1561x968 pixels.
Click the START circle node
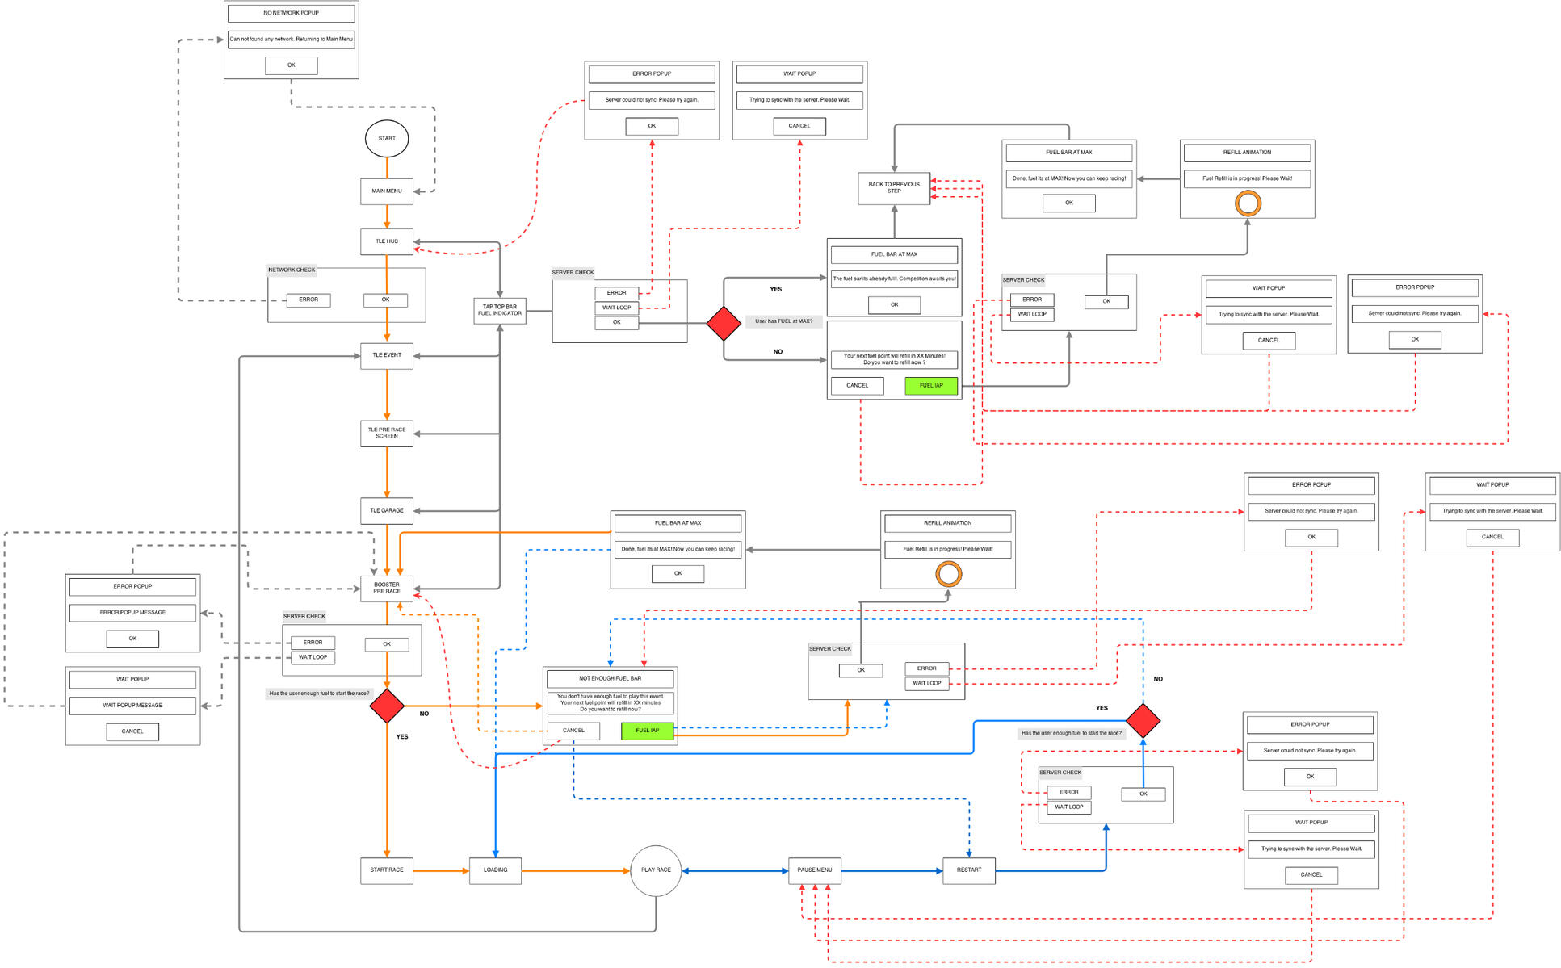point(386,139)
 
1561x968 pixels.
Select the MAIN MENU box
point(386,191)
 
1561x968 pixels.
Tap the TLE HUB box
point(386,241)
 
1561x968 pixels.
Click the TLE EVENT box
point(386,355)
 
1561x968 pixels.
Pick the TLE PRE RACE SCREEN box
point(386,434)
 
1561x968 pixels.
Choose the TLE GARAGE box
point(386,510)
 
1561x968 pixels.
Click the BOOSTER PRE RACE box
point(386,588)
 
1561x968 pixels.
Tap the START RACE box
point(386,870)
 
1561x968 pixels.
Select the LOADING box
point(495,870)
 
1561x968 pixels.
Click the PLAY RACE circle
point(656,870)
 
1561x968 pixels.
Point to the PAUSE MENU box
point(814,870)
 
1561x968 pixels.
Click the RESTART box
point(968,870)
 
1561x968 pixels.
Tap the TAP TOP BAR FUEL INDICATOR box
point(499,311)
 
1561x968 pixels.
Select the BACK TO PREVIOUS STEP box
point(893,188)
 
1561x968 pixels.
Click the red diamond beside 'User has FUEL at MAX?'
point(724,323)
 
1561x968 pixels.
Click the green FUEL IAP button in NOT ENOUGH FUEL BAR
point(647,731)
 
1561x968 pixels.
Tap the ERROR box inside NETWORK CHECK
point(308,300)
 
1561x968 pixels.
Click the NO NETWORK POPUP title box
point(291,13)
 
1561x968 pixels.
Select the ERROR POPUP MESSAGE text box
point(132,613)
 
